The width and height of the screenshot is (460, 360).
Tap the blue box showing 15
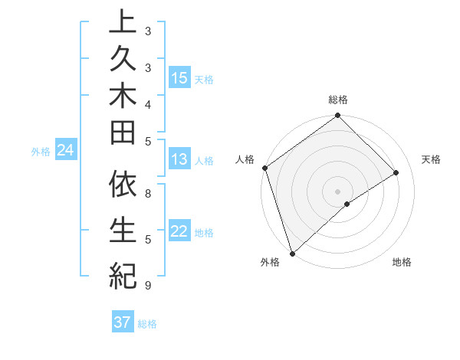(x=179, y=77)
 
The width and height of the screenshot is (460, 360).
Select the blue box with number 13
(x=179, y=159)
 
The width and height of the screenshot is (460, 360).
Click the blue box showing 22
(x=179, y=231)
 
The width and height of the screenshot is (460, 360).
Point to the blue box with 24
(x=66, y=150)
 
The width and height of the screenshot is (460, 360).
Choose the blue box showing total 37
(x=123, y=322)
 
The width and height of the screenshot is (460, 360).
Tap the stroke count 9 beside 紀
(x=147, y=285)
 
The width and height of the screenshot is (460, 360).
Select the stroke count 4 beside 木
(x=147, y=104)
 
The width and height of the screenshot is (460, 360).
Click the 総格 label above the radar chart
(x=338, y=100)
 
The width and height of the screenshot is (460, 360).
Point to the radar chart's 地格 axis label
(x=402, y=262)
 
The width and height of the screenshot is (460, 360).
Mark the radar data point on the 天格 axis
(x=396, y=172)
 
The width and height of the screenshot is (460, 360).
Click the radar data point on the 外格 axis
(x=292, y=254)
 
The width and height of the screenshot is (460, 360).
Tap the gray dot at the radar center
(x=337, y=191)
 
